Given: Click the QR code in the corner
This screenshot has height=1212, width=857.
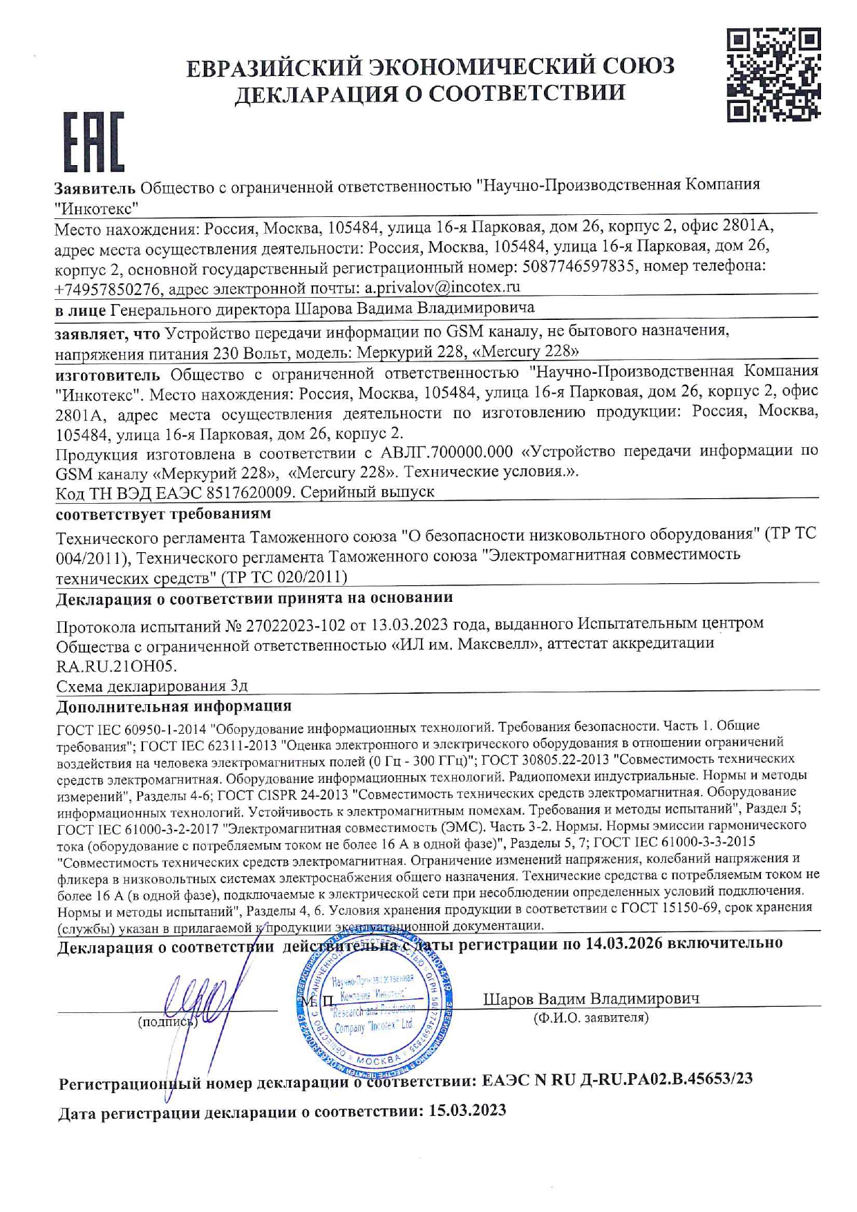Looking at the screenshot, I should point(773,75).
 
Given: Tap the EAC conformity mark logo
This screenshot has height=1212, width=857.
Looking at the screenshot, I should point(93,141).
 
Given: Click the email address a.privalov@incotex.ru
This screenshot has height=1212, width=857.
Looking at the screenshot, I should point(442,287).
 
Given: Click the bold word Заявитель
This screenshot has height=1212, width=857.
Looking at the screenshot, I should point(95,187).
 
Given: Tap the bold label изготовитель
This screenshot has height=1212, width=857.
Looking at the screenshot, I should point(107,375).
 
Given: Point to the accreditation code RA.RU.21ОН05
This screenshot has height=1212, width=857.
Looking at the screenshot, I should point(116,666).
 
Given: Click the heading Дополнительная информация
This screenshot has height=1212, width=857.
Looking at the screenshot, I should point(173,706).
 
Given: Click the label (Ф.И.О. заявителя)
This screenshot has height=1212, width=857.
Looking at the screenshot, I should point(591,1018).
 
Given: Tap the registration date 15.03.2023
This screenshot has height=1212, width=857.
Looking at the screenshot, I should point(467,1111).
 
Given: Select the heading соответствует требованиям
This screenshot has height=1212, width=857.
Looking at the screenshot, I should point(163,514).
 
